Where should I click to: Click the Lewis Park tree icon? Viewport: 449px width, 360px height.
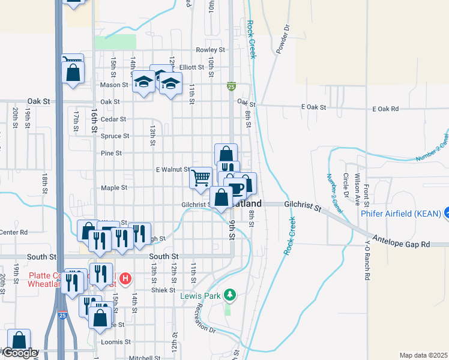point(229,295)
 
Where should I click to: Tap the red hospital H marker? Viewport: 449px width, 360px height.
point(125,278)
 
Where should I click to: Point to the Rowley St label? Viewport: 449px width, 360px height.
point(210,50)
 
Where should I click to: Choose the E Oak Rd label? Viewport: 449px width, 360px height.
point(385,109)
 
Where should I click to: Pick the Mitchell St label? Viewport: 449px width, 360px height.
point(144,358)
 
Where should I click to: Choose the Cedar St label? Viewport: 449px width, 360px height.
point(113,119)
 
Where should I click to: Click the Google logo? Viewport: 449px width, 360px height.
point(19,353)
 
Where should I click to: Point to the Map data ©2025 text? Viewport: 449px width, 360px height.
point(423,355)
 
